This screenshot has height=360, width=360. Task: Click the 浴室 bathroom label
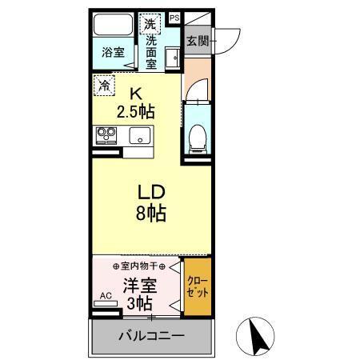click(114, 53)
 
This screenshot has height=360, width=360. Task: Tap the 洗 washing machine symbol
click(150, 23)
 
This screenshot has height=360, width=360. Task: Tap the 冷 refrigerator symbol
click(104, 83)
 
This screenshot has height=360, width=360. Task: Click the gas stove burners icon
click(106, 134)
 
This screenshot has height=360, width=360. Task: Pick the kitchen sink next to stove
click(140, 135)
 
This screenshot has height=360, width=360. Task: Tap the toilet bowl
click(198, 138)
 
